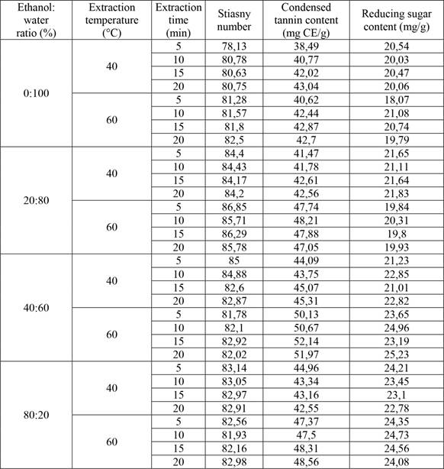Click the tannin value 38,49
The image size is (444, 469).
tap(304, 47)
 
